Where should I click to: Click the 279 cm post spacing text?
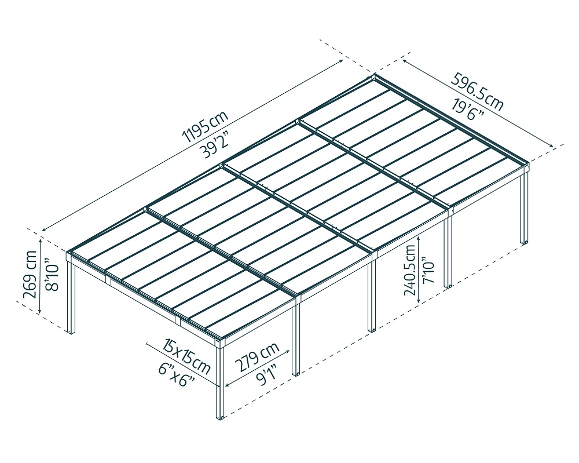click(256, 358)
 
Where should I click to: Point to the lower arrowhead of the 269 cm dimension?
click(39, 313)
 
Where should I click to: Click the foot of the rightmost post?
click(525, 241)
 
